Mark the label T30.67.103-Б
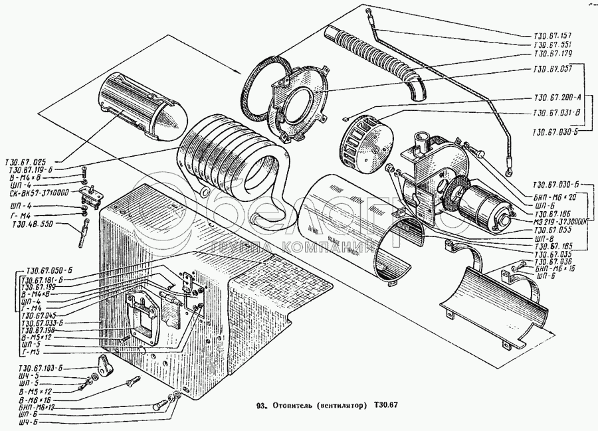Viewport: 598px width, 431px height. click(41, 368)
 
